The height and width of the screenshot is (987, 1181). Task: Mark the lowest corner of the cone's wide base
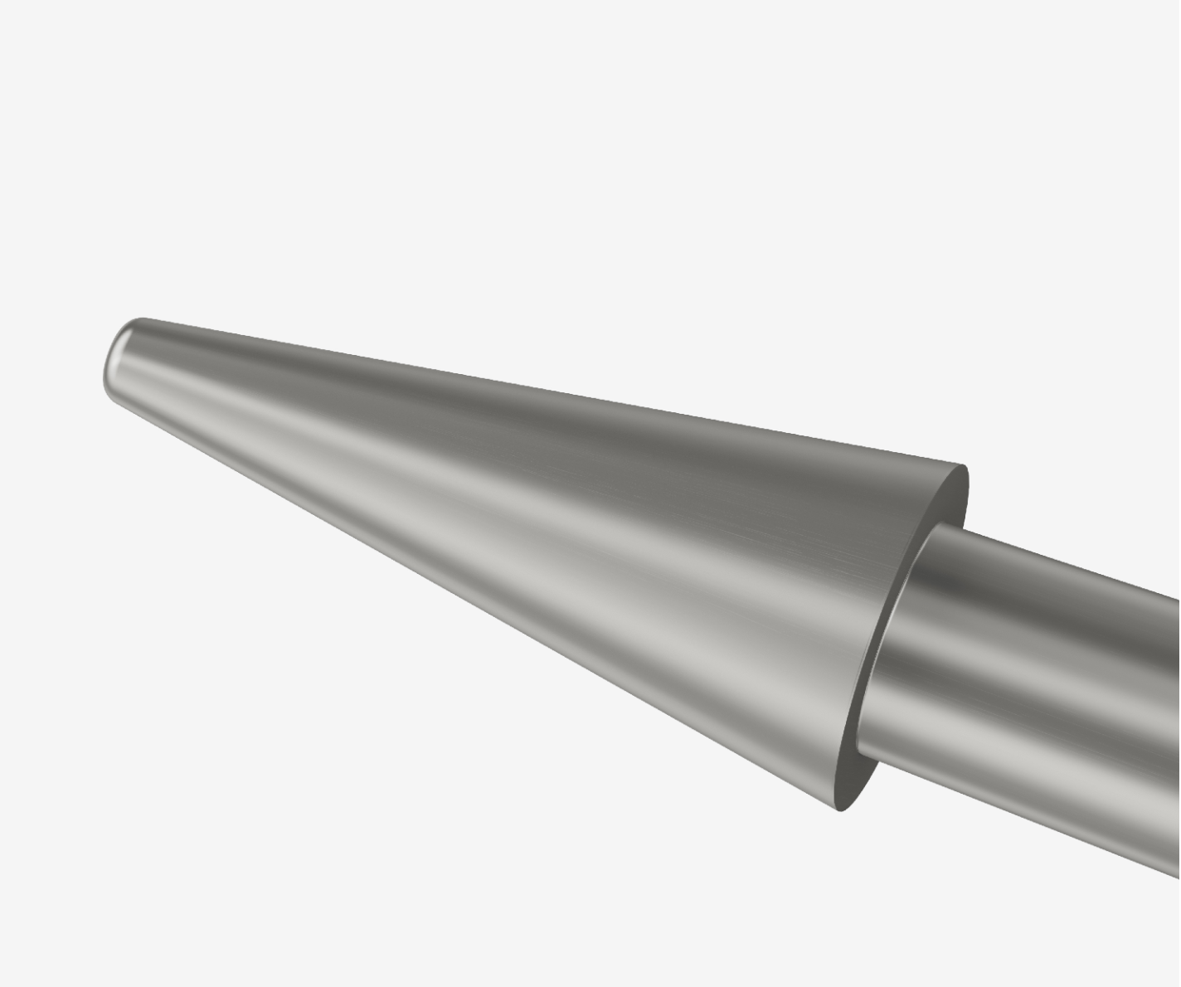point(839,810)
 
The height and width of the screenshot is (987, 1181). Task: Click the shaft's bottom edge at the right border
point(1178,873)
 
